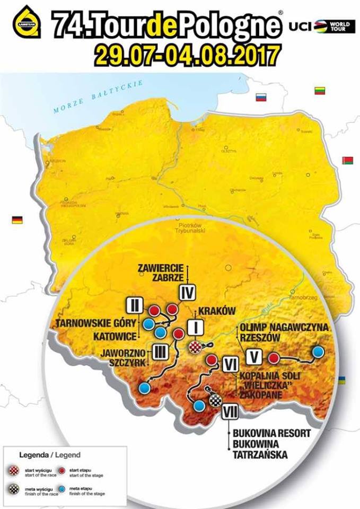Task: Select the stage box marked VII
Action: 229,411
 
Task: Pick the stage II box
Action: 135,305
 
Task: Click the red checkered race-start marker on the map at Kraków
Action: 196,347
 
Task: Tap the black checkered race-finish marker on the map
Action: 215,400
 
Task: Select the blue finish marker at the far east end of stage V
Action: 318,352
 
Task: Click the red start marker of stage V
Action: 274,358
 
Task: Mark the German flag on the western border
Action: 17,220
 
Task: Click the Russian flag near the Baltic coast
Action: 260,98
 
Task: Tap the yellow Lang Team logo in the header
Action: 27,22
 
